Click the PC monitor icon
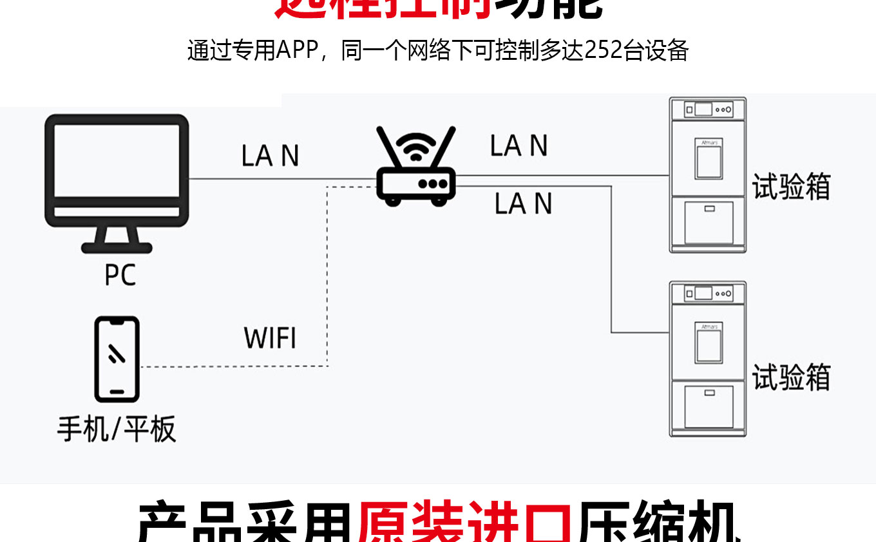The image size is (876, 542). tap(117, 171)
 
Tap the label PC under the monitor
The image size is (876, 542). tap(120, 274)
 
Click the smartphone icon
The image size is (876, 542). tap(117, 359)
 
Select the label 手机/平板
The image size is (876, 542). tap(117, 429)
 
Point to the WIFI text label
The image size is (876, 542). tap(270, 338)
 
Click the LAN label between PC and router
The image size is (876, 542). tap(270, 156)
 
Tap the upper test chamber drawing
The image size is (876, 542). tap(707, 174)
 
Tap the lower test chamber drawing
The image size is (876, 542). tap(707, 359)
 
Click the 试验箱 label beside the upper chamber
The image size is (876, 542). tap(792, 187)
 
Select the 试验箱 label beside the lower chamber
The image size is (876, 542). tap(792, 377)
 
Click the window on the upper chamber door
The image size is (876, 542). tap(709, 158)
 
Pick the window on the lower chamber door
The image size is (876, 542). tap(709, 342)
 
